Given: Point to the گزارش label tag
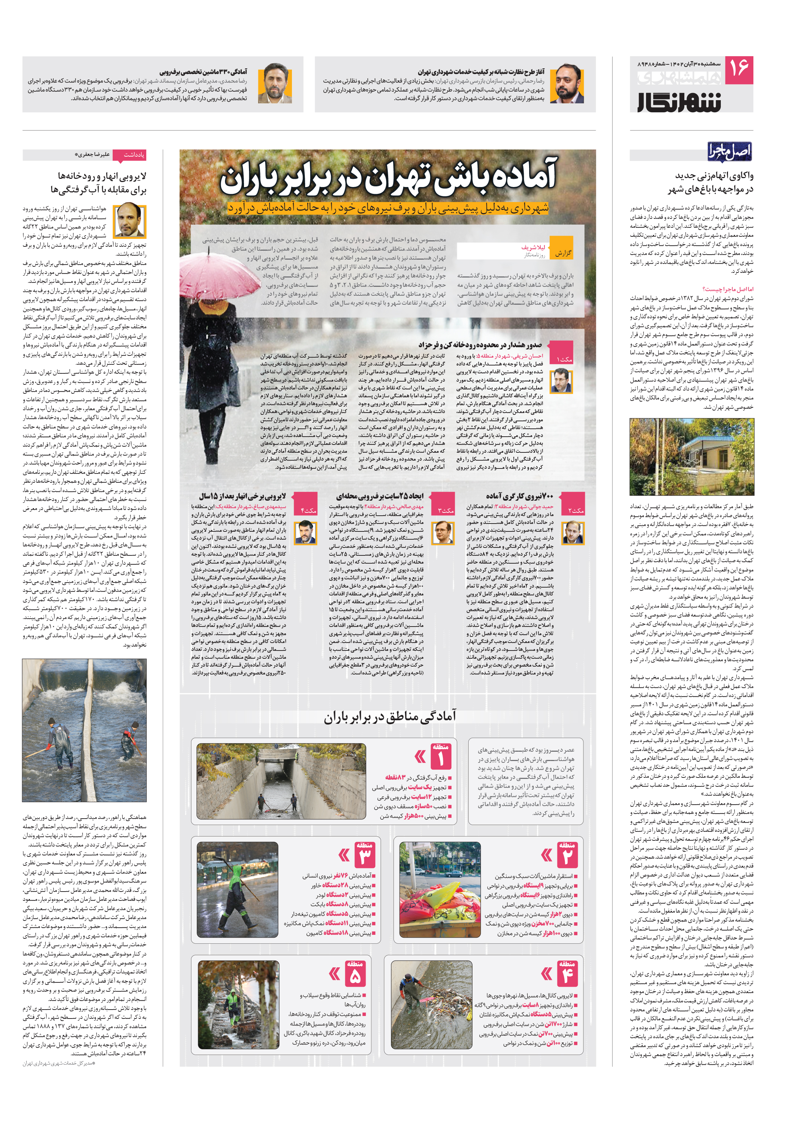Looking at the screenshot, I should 563,253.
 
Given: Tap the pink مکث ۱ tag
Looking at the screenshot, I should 564,359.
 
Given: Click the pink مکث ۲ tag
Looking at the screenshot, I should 576,510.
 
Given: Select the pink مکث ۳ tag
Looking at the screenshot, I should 445,510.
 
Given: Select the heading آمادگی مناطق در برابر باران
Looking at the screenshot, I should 389,717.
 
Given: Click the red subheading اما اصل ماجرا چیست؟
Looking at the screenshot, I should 728,289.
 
